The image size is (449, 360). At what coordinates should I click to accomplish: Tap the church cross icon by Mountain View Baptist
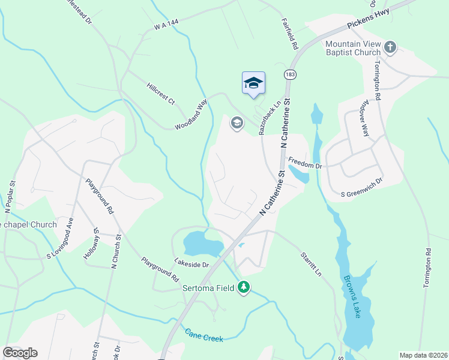pyautogui.click(x=390, y=47)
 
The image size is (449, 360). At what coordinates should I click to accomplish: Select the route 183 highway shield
pyautogui.click(x=290, y=74)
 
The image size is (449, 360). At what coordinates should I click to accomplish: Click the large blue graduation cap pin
pyautogui.click(x=253, y=83)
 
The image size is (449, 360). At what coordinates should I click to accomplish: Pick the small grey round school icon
pyautogui.click(x=237, y=124)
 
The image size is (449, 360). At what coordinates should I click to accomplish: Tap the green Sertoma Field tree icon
pyautogui.click(x=243, y=289)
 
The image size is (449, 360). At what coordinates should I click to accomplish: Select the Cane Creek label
pyautogui.click(x=204, y=335)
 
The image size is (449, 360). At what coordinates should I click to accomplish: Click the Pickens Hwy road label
pyautogui.click(x=369, y=20)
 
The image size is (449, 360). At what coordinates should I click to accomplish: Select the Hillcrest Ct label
pyautogui.click(x=160, y=94)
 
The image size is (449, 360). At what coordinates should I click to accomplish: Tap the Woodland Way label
pyautogui.click(x=191, y=115)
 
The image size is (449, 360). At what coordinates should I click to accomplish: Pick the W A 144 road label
pyautogui.click(x=167, y=25)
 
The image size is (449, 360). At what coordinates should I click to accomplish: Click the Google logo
pyautogui.click(x=20, y=353)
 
